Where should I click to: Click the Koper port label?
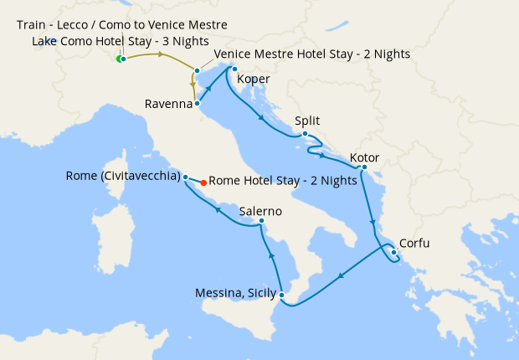point(254,80)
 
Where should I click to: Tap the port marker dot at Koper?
point(234,69)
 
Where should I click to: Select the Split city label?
point(307,121)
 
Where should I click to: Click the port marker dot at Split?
point(306,134)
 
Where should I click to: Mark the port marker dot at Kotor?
point(364,167)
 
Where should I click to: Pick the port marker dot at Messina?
point(283,295)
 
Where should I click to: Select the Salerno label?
point(260,211)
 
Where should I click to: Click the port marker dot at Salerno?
point(262,222)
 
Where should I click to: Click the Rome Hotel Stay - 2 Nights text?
point(283,180)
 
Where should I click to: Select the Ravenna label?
point(167,105)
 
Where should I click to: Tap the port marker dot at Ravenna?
point(196,105)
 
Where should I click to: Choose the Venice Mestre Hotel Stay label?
point(312,54)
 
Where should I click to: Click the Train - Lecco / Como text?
point(121,25)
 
